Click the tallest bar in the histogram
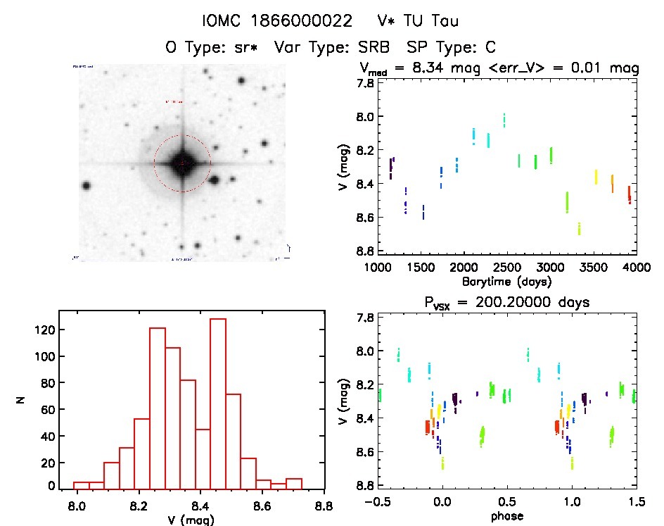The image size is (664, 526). click(x=217, y=402)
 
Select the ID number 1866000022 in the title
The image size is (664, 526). click(x=298, y=21)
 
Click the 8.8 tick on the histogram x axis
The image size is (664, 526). click(x=324, y=504)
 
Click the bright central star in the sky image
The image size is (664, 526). click(x=182, y=163)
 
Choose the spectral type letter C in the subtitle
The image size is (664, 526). click(x=491, y=47)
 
